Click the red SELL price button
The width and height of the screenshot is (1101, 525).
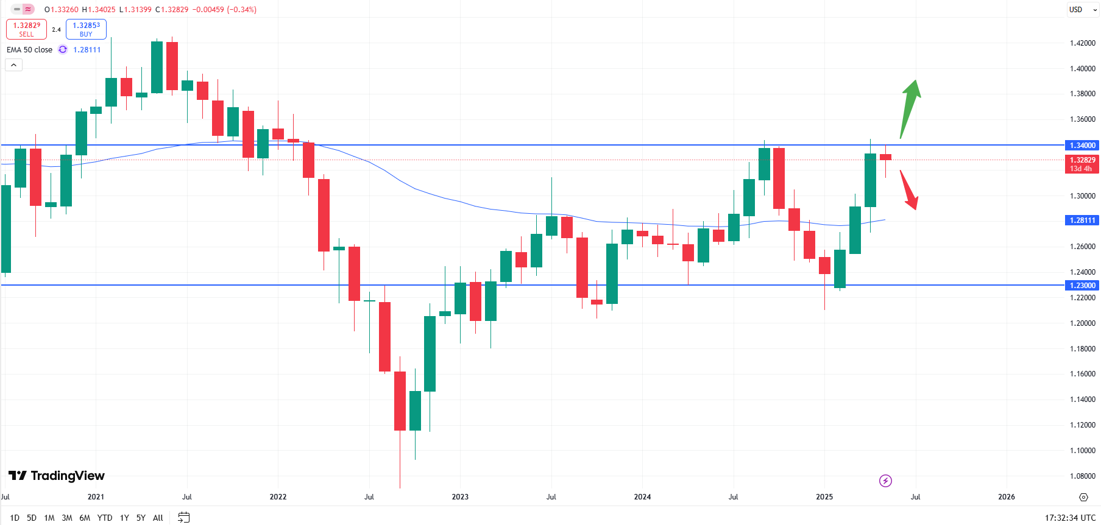[x=26, y=29]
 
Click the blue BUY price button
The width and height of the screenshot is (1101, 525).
[x=86, y=29]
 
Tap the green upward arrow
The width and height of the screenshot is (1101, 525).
[x=910, y=107]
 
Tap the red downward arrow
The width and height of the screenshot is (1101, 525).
[x=909, y=189]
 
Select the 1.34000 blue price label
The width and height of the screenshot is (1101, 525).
[x=1082, y=146]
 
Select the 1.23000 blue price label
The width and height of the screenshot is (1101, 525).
[x=1082, y=285]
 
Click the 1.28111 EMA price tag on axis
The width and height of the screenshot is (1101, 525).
[x=1082, y=220]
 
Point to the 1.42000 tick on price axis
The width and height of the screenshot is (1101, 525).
[x=1082, y=43]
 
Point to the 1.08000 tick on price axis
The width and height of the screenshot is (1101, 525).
[x=1082, y=476]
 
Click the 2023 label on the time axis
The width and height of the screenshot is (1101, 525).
[x=460, y=497]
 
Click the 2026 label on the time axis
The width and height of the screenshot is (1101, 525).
[x=1006, y=497]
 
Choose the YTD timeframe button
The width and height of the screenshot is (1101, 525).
[x=105, y=518]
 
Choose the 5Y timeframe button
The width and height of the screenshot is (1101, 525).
[x=141, y=518]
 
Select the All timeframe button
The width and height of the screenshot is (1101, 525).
[x=158, y=518]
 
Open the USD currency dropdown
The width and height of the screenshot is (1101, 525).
[x=1082, y=10]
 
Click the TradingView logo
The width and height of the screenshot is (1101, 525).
[x=57, y=476]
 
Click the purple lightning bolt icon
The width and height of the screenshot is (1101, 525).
[x=885, y=481]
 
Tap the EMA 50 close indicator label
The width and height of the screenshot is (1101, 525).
[x=29, y=50]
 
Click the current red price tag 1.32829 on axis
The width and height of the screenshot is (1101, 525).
[x=1082, y=164]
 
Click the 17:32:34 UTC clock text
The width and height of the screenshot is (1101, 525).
[x=1070, y=518]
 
